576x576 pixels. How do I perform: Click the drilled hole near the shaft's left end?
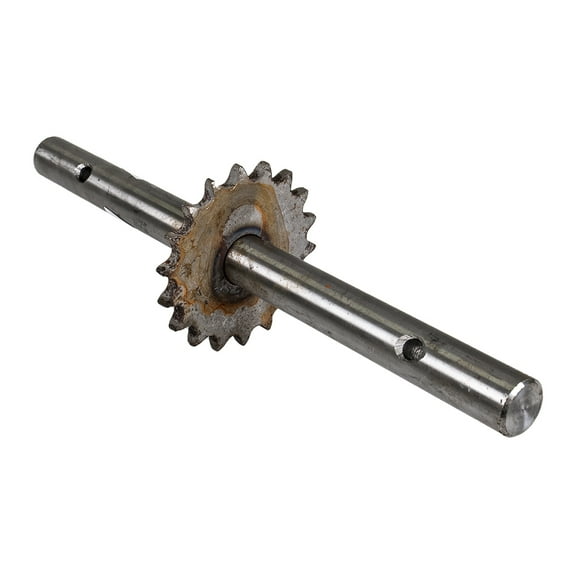(84, 172)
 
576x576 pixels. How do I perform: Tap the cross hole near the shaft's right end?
(412, 349)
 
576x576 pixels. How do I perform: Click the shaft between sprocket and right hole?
(320, 300)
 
